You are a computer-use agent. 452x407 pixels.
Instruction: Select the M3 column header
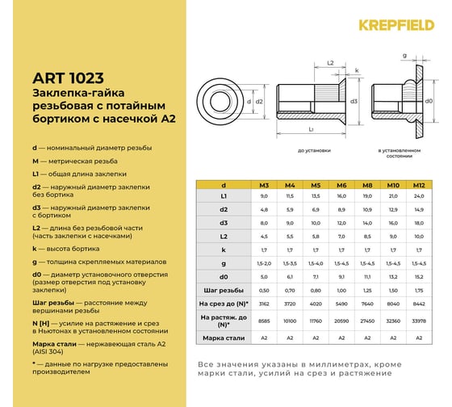263,185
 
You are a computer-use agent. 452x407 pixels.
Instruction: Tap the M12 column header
418,185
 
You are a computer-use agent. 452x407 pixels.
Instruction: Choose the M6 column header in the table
341,185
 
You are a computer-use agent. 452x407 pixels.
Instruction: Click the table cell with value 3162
263,304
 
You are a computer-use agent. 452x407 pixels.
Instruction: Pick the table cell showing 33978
418,321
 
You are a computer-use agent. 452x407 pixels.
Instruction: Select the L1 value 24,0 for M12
418,196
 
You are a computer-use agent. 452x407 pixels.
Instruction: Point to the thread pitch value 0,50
263,289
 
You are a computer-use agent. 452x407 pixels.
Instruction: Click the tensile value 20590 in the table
341,321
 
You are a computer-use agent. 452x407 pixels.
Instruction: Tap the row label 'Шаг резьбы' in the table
223,289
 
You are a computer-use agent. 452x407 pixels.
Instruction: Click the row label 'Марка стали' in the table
223,338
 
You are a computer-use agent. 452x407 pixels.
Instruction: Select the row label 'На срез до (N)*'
223,304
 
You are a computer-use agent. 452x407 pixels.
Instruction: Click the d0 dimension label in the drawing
429,102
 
